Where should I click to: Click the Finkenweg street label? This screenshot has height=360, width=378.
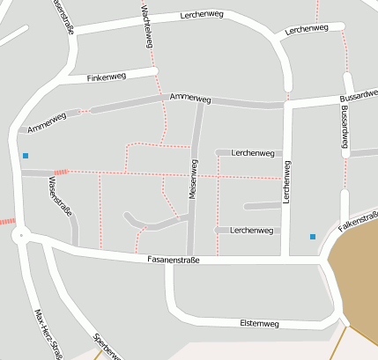pos(107,77)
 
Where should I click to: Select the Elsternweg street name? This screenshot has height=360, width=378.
pos(259,324)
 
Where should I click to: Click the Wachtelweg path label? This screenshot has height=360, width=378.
pos(146,26)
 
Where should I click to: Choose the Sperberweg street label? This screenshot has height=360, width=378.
pos(107,348)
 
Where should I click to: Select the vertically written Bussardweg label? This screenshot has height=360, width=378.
pos(345,129)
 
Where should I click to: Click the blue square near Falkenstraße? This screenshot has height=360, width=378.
pos(312,236)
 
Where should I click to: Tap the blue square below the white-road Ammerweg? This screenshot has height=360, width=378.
pos(26,156)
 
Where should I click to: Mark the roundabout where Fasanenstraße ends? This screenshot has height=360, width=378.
pos(20,235)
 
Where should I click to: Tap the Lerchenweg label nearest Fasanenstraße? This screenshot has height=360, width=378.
pos(250,230)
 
